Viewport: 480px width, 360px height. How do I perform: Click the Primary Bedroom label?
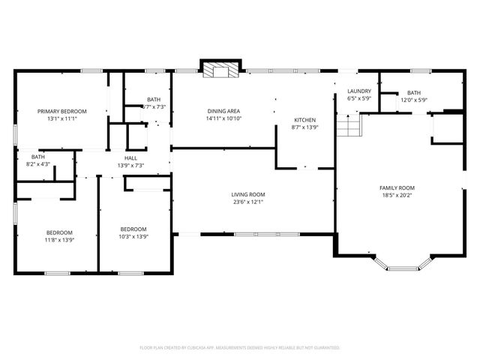[x=62, y=111]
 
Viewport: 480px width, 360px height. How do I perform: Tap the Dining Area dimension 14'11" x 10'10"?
[x=223, y=119]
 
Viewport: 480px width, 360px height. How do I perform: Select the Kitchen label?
[x=304, y=120]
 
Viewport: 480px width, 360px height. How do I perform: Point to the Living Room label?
[x=247, y=194]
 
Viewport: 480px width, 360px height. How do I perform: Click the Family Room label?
[x=397, y=187]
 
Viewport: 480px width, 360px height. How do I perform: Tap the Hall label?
[x=130, y=158]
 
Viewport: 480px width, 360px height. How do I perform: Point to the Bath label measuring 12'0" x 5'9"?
[x=414, y=92]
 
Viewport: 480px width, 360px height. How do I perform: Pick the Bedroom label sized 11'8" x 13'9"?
[x=59, y=232]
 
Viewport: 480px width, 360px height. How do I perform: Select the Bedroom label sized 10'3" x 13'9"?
[x=134, y=229]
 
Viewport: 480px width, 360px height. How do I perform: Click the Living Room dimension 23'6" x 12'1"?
[x=247, y=202]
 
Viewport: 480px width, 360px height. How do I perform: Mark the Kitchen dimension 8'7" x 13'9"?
[x=304, y=127]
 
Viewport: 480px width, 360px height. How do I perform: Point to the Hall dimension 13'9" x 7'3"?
[x=130, y=166]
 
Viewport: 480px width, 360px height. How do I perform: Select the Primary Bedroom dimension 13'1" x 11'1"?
[x=62, y=118]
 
